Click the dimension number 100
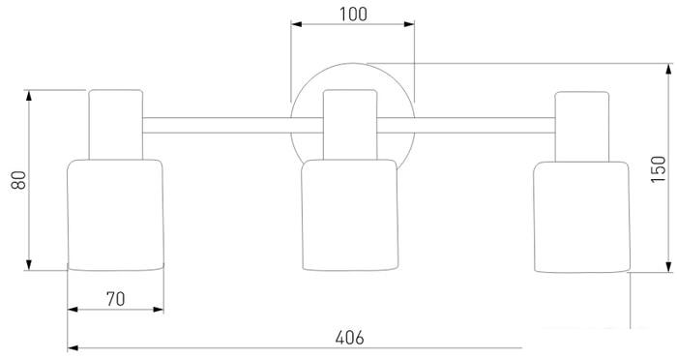tap(353, 15)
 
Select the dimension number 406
tap(350, 338)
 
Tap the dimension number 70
tap(116, 299)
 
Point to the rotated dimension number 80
tap(19, 180)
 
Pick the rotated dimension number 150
tap(659, 169)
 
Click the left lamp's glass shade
tap(116, 215)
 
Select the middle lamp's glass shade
tap(350, 215)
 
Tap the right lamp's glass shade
tap(582, 217)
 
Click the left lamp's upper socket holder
tap(116, 125)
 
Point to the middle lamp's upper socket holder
tap(350, 125)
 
